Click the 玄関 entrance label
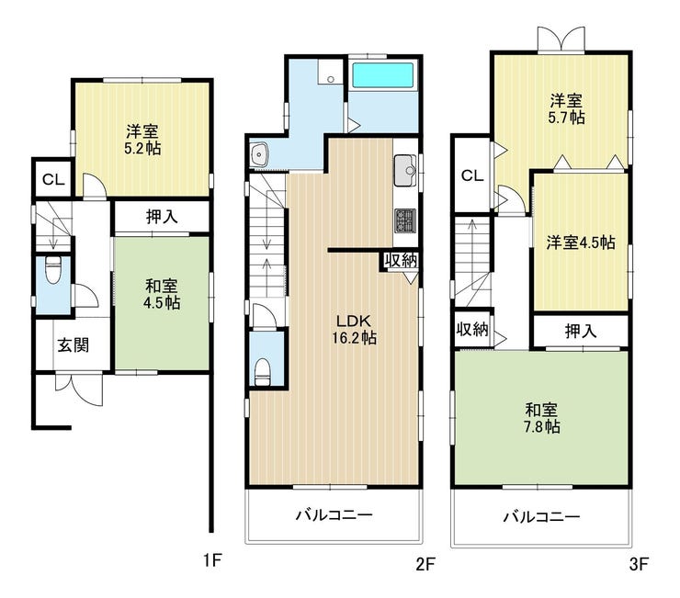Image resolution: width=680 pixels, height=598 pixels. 74,345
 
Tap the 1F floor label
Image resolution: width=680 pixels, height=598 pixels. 212,561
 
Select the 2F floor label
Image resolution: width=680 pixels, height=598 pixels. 425,564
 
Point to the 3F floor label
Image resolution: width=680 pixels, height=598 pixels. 639,564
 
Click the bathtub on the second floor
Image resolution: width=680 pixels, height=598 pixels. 382,75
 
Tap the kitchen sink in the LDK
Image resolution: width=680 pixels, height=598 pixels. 405,171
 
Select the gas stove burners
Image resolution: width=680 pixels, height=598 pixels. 405,220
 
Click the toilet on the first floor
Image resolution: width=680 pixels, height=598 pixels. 53,270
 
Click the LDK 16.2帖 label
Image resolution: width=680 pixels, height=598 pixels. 354,330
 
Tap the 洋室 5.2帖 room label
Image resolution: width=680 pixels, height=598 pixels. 142,140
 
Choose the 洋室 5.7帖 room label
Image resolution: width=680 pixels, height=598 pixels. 566,108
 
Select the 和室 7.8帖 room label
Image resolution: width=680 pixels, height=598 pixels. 541,419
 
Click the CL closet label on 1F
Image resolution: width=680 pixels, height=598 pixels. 53,179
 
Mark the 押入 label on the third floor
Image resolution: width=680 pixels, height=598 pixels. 581,332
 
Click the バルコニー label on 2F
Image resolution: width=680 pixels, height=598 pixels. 334,515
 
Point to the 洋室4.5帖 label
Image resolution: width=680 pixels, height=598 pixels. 581,243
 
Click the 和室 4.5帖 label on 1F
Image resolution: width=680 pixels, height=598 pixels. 162,294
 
